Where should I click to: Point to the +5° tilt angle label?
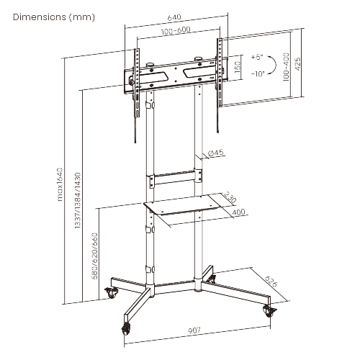coord(257,56)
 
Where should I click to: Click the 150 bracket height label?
coord(238,66)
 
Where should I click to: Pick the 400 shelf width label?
coord(239,212)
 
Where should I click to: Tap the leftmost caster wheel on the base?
coord(112,292)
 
